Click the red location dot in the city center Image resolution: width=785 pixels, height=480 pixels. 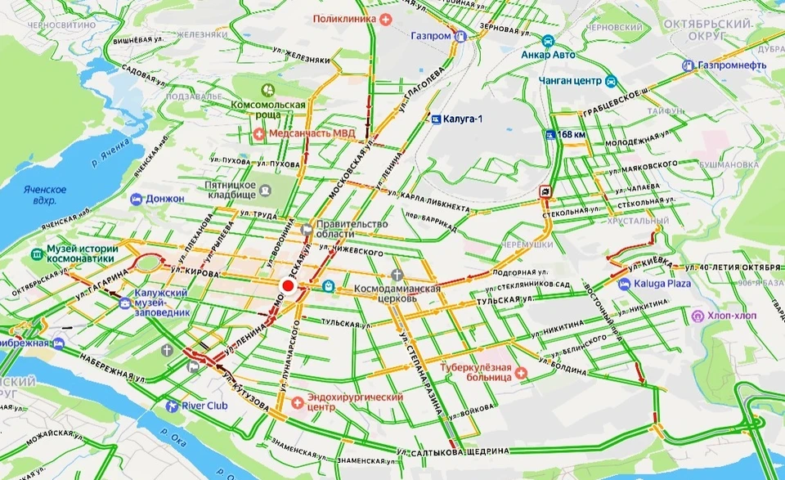pos(287,286)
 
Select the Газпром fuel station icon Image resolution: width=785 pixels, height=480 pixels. pos(460,37)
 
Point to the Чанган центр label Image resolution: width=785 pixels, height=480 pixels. pos(570,81)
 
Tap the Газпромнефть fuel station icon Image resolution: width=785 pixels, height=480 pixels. pos(689,65)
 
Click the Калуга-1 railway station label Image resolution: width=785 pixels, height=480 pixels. pos(463,119)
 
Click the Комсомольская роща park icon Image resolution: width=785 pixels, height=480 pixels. pos(267,89)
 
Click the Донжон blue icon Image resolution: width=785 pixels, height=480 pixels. pos(136,199)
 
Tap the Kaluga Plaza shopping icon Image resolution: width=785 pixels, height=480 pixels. pos(624,284)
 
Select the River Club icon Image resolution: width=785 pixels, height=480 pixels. pos(171,406)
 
